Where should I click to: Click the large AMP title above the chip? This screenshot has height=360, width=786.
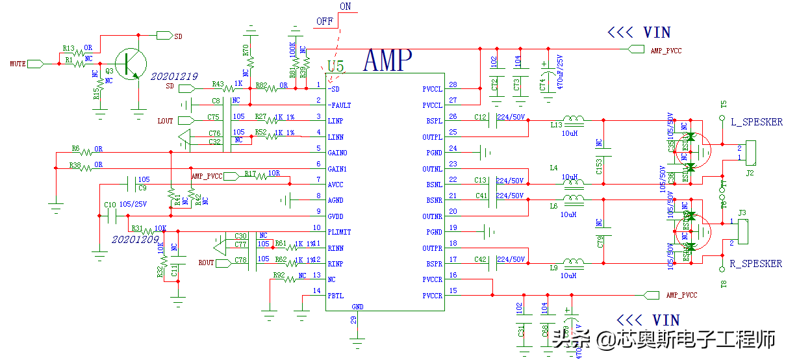387,60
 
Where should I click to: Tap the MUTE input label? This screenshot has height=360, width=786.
18,64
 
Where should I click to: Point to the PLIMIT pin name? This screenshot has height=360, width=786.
340,232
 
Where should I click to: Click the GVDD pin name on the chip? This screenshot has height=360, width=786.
336,216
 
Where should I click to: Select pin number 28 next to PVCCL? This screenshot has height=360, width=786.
453,85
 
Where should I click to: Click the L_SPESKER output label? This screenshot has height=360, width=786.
756,122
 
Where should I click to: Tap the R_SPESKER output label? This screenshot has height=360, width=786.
756,264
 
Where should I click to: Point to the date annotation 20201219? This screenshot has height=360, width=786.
174,76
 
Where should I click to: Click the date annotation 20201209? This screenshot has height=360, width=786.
135,239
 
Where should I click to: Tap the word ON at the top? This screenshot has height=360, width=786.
345,6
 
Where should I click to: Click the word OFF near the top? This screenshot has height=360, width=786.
324,21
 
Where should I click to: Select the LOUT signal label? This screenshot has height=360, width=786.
166,121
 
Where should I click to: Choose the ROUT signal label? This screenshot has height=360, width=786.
206,263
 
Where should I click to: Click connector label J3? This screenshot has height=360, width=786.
742,212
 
